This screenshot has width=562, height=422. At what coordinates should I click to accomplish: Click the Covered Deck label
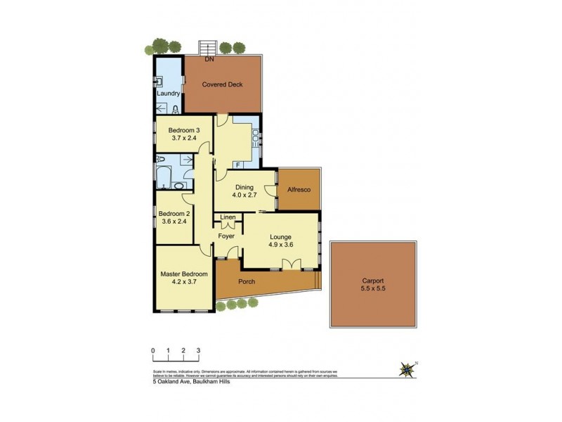[222, 84]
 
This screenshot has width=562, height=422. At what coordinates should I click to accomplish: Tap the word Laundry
[169, 94]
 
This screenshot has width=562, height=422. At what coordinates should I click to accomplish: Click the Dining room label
[244, 188]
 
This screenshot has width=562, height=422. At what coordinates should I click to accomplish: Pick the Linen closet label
[228, 218]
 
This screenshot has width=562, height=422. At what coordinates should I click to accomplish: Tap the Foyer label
[226, 236]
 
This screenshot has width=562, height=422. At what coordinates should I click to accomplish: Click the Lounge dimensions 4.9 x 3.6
[280, 246]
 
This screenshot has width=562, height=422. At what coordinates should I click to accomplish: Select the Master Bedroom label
[183, 274]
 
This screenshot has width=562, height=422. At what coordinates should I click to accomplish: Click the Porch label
[247, 282]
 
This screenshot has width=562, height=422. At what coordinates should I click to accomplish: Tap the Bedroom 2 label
[174, 213]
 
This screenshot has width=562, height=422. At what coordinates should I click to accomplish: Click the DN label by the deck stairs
[209, 60]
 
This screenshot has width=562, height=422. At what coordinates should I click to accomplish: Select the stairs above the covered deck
[207, 47]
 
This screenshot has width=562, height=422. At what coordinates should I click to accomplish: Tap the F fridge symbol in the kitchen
[238, 165]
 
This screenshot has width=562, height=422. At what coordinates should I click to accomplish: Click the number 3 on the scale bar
[199, 350]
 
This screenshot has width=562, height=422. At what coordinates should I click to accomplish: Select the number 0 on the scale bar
[152, 350]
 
